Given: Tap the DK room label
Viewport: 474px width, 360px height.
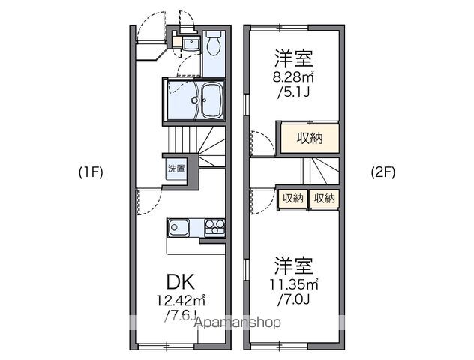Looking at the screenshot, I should pos(181,282).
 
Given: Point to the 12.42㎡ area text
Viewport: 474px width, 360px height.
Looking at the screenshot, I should pos(181,301).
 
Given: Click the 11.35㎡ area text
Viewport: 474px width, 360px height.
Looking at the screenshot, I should pos(293,283).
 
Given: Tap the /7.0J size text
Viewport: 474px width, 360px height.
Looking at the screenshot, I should pos(293,298).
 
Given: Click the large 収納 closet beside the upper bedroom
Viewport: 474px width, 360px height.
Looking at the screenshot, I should pos(310,139).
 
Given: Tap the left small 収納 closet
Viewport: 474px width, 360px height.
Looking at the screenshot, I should pos(293,198).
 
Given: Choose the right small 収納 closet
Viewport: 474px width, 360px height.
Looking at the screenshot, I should pos(324,198).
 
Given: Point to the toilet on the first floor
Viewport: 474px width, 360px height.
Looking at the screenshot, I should pos(213,46).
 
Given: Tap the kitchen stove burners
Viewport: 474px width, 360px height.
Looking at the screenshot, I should pos(214,226).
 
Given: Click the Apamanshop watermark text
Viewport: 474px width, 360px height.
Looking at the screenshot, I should pos(238,322).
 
